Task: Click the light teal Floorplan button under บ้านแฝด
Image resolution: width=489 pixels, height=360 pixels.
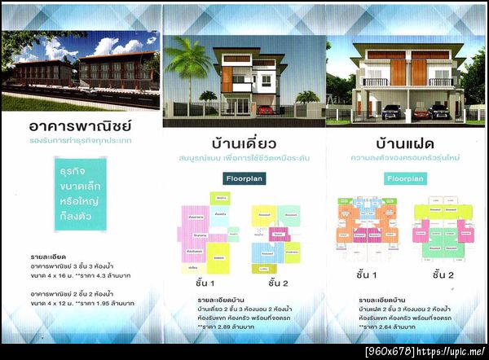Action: [x=404, y=177]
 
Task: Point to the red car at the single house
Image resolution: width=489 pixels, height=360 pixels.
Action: [x=266, y=109]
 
